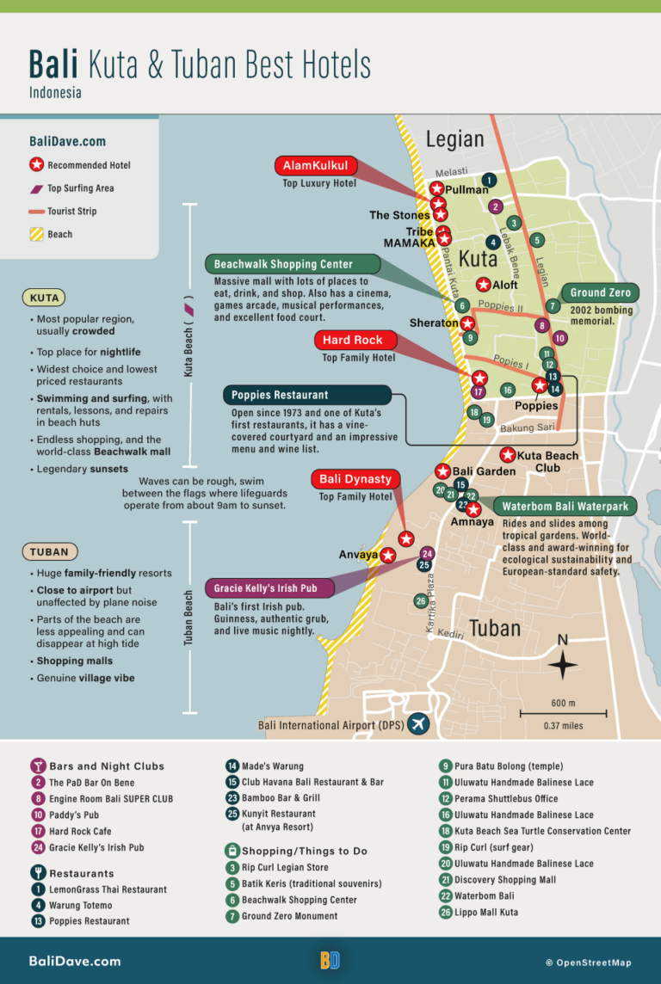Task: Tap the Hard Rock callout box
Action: click(x=353, y=340)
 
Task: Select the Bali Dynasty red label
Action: click(x=355, y=479)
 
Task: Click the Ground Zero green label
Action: click(x=600, y=293)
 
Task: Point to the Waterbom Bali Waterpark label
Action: click(x=565, y=506)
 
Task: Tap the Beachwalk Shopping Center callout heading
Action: click(x=283, y=264)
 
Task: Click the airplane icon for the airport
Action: click(x=419, y=724)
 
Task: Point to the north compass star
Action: click(x=563, y=665)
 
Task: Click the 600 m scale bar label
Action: click(x=563, y=704)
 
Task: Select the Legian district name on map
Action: click(x=454, y=138)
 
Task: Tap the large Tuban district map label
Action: click(x=495, y=628)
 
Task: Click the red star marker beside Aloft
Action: click(x=484, y=284)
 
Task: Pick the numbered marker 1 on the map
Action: click(x=489, y=181)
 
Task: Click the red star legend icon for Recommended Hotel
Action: click(x=36, y=165)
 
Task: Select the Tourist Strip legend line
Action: click(x=36, y=212)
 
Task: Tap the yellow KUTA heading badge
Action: click(x=44, y=298)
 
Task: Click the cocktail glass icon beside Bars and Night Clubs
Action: click(x=37, y=766)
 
